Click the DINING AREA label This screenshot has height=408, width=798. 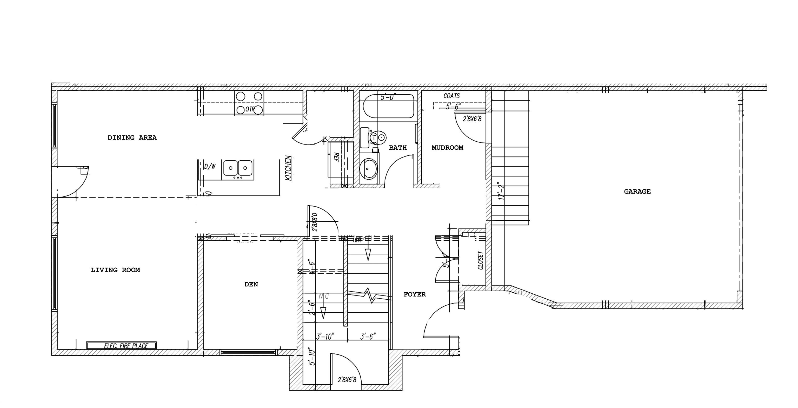132,137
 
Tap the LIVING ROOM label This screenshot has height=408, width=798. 115,270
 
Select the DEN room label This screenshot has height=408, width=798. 251,284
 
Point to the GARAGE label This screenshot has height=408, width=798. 637,192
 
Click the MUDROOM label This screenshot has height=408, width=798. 447,147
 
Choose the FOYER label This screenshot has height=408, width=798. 415,294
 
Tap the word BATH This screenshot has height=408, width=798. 397,147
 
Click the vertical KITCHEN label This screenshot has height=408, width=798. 288,168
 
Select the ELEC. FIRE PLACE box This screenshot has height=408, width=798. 121,345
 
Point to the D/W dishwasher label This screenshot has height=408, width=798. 210,166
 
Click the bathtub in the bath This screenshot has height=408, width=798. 388,106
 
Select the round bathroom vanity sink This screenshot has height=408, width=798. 369,169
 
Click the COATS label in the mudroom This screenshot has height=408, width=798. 451,96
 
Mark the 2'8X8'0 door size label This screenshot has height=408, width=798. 315,222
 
